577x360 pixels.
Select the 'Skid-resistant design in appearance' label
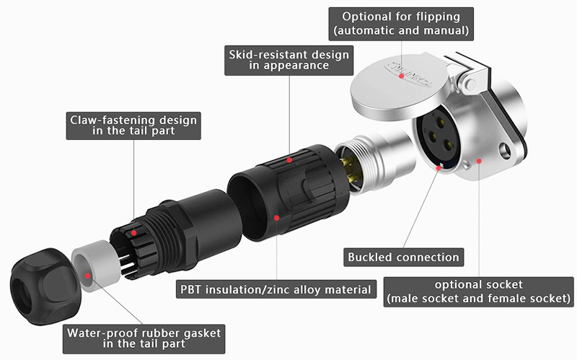288,60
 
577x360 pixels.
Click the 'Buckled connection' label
403,257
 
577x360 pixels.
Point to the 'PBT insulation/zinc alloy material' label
277,290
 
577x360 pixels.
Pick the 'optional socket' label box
479,291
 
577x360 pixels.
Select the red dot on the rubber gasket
88,275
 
